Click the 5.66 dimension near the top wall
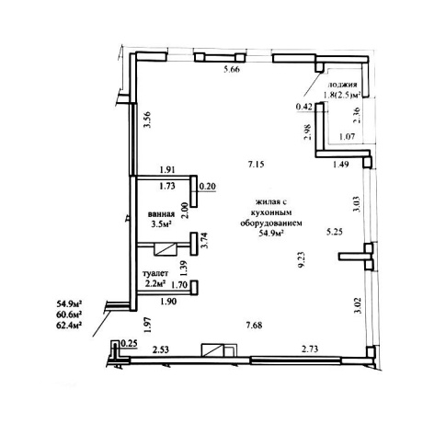(232, 69)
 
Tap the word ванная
(161, 214)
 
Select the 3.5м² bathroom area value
(161, 224)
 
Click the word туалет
(156, 273)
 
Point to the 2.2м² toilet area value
(155, 284)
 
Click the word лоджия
(343, 85)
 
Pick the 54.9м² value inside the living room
(271, 234)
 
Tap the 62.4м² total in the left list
(69, 325)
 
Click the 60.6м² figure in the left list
(69, 314)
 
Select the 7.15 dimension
(256, 165)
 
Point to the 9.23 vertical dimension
(302, 260)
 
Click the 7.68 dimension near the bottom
(254, 325)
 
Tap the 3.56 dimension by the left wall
(148, 120)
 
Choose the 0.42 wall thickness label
(304, 107)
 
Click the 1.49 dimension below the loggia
(341, 165)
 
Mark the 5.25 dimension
(334, 232)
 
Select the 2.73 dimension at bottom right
(310, 349)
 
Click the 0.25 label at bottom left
(130, 344)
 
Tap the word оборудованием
(271, 223)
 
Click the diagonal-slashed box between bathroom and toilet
(166, 249)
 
